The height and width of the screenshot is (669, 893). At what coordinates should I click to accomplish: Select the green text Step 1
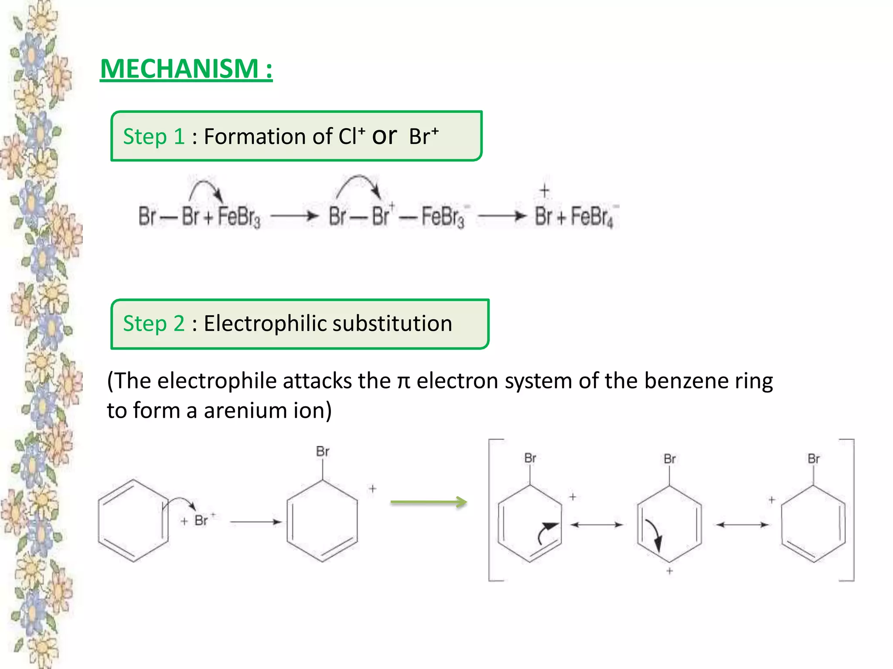(153, 137)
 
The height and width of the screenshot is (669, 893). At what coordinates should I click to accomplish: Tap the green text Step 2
(153, 324)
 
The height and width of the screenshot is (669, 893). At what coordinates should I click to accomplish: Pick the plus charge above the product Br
(544, 190)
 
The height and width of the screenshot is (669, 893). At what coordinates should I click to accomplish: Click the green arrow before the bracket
(428, 502)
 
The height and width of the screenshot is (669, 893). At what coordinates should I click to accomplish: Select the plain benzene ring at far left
(133, 520)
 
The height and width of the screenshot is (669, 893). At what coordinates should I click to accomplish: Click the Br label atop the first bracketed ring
(530, 458)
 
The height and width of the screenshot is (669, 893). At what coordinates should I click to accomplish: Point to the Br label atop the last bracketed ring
(814, 459)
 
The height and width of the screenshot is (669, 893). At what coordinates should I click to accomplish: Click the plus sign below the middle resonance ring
(670, 571)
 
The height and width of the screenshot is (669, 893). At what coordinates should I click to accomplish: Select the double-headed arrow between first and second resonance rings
(596, 525)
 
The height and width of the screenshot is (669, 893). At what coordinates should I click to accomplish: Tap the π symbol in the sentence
(403, 382)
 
